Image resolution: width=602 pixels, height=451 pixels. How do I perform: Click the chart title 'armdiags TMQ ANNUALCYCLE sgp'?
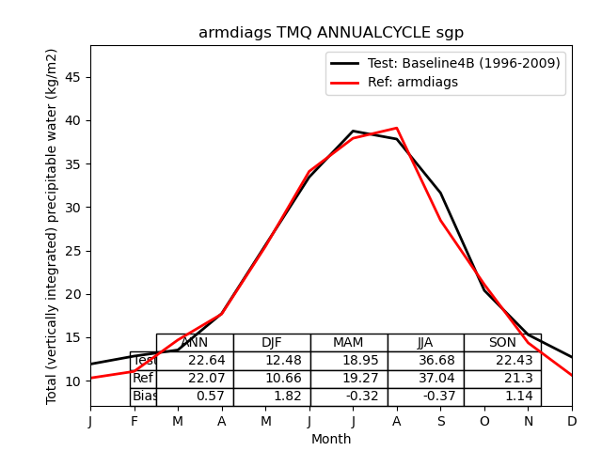331,33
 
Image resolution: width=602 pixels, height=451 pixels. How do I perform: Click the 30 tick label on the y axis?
75,208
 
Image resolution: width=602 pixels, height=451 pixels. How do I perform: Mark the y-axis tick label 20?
75,294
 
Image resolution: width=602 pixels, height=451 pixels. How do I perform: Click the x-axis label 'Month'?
331,439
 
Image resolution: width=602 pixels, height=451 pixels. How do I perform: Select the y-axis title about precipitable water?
53,225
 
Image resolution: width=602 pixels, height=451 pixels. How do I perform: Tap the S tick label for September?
440,421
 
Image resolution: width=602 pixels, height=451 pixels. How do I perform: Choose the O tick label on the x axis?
484,421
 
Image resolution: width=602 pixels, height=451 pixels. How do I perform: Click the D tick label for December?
572,421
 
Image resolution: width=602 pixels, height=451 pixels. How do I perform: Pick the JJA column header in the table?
425,343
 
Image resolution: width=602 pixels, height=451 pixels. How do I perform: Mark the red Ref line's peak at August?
397,128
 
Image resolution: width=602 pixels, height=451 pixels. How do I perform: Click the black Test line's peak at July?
353,132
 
